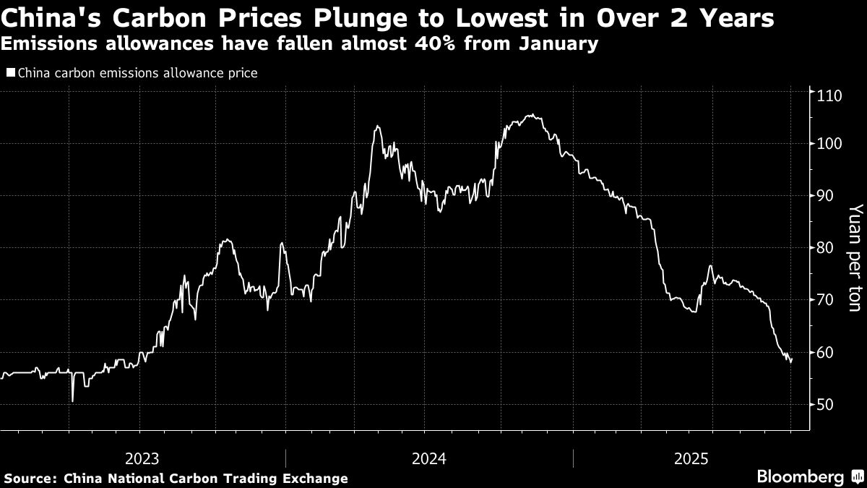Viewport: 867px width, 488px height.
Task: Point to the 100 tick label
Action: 828,144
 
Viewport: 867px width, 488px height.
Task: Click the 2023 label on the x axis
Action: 142,458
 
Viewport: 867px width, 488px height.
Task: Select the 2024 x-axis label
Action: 429,458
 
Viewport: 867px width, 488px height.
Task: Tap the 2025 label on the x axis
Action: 691,458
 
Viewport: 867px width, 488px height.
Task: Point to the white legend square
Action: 10,72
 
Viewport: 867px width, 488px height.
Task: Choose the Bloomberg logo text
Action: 800,476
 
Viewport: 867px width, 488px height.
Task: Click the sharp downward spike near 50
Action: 72,401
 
